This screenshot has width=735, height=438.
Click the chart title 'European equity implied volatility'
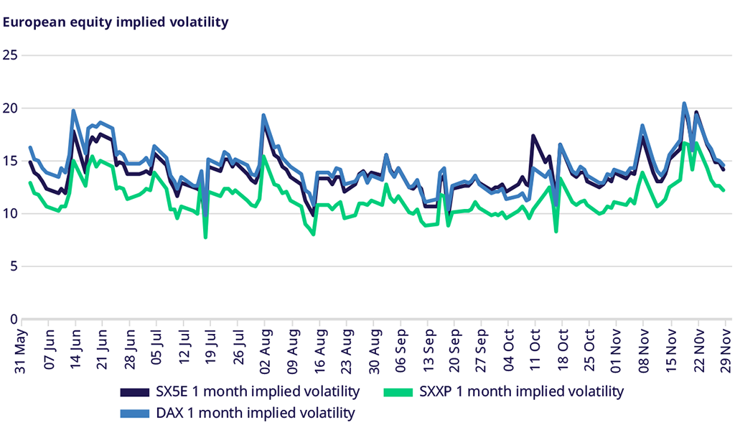coord(116,22)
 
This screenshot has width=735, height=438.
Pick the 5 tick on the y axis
coord(13,266)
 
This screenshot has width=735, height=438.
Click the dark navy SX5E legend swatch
coord(134,392)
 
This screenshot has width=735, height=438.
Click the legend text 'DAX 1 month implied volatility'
coord(255,414)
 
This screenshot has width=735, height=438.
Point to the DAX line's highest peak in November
coord(684,103)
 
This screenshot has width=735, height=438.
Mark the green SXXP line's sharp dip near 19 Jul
coord(205,237)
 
